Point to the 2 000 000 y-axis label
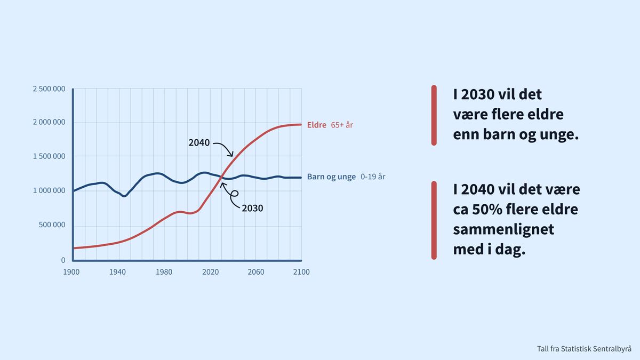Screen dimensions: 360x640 click(49, 122)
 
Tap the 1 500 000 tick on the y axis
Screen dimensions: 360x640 click(49, 157)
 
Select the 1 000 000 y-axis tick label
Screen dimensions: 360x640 click(49, 190)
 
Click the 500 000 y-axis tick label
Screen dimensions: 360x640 click(52, 225)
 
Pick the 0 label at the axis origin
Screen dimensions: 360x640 click(63, 260)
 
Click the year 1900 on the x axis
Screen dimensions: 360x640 click(71, 272)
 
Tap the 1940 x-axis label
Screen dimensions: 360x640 click(118, 272)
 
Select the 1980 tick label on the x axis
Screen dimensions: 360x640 click(164, 272)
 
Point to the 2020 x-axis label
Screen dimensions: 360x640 click(210, 272)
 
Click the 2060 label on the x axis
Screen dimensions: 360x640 click(255, 272)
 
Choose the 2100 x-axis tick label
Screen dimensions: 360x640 click(301, 272)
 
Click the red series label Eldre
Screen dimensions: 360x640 click(317, 125)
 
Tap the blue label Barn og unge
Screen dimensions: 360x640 click(331, 177)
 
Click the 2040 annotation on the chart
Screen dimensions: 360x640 click(199, 142)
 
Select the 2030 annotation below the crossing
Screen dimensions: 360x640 click(252, 208)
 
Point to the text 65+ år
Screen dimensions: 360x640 click(342, 125)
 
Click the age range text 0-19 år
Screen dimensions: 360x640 click(373, 177)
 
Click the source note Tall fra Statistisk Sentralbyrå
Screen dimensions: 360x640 click(584, 349)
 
